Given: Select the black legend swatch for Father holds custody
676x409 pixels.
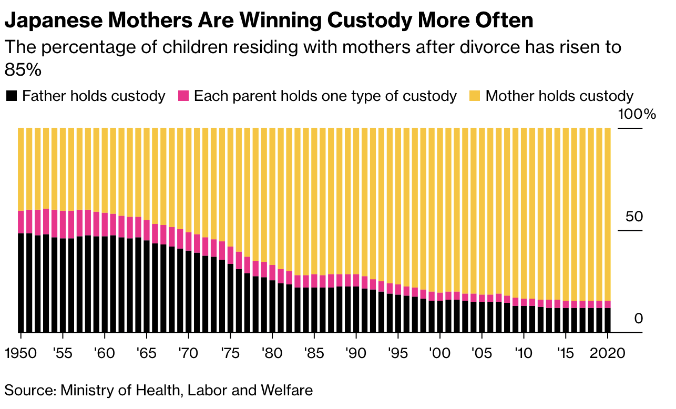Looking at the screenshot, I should coord(12,96).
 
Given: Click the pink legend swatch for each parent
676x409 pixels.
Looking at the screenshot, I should coord(183,96).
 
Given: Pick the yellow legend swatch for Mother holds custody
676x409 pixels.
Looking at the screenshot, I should coord(475,96).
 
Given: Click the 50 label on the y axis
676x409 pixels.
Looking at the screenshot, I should coord(633,217).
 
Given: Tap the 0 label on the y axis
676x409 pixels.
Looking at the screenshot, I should coord(638,319).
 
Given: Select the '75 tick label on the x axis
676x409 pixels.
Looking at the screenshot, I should coord(230,352).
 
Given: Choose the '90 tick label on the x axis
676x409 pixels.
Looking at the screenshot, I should coord(356,352).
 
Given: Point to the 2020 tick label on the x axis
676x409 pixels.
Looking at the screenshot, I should coord(607,352).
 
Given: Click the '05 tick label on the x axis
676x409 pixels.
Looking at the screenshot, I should coord(482,352).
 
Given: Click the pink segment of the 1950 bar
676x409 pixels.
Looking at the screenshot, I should coord(21,222).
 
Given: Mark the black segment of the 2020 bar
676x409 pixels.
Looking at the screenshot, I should coord(608,320).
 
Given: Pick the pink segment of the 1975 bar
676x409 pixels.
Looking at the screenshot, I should coord(230,255).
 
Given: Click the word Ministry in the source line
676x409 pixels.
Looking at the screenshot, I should coord(85,391).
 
